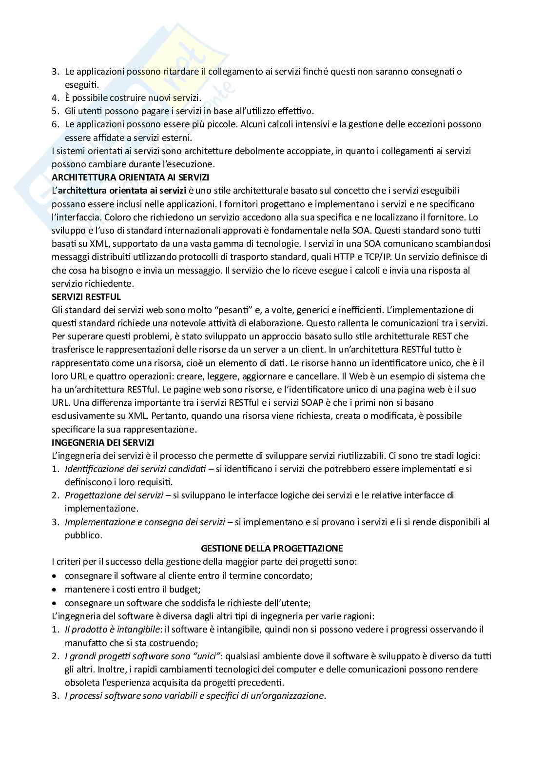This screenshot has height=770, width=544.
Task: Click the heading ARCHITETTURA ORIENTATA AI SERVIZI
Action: [x=130, y=177]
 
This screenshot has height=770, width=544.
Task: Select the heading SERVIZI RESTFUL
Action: [x=86, y=296]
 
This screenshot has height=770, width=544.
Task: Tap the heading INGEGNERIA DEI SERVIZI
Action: [x=103, y=442]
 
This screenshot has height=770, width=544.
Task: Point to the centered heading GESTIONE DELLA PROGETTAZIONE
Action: [x=272, y=548]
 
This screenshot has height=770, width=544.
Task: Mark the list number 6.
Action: [x=55, y=124]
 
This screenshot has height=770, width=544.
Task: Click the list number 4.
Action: [x=55, y=98]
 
